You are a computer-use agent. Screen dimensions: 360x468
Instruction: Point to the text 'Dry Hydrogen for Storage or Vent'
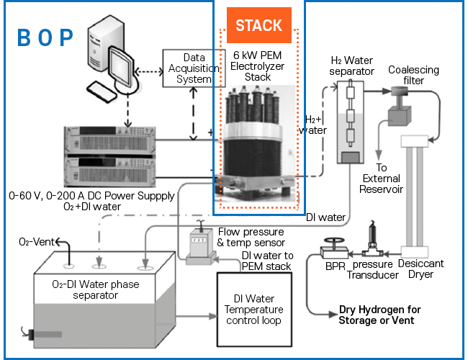pyautogui.click(x=379, y=315)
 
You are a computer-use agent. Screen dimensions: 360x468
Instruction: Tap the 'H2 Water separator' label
pyautogui.click(x=351, y=66)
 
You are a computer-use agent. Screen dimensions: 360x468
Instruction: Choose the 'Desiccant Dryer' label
pyautogui.click(x=420, y=269)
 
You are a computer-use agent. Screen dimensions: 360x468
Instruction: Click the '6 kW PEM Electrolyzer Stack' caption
pyautogui.click(x=257, y=66)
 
